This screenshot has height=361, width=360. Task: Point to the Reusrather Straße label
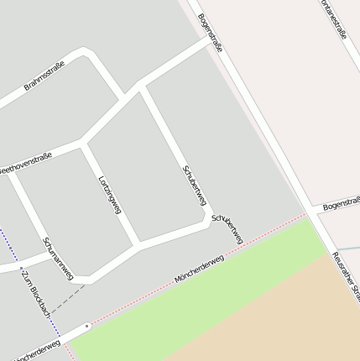point(346,278)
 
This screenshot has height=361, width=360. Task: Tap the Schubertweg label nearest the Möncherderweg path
point(227,229)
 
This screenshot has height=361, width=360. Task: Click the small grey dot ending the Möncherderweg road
point(87,325)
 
